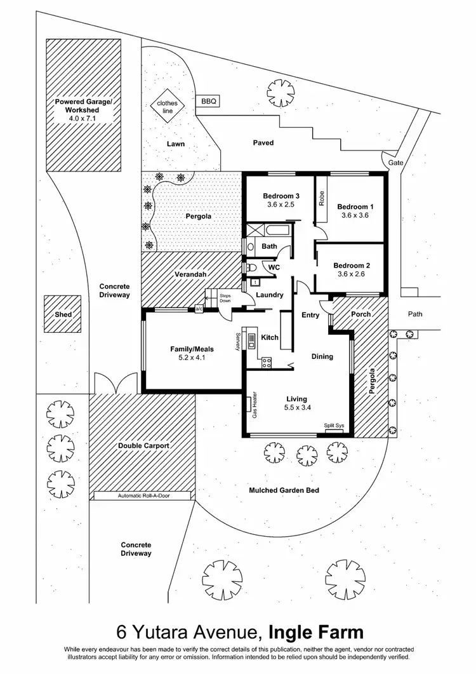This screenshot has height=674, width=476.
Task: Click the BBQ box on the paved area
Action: (x=208, y=101)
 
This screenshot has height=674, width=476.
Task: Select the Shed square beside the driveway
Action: (x=63, y=314)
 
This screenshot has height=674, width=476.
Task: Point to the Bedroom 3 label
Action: (x=281, y=196)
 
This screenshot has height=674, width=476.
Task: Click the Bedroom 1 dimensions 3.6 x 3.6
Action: (x=355, y=215)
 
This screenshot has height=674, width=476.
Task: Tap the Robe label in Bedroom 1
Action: (x=322, y=199)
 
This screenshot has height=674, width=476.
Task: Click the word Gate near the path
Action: (x=396, y=163)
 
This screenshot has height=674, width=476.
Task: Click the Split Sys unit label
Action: (x=334, y=426)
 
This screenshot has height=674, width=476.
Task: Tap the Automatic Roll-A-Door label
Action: (x=144, y=495)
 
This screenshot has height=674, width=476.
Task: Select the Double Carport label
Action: (x=143, y=446)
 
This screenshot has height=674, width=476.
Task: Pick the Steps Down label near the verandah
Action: (x=225, y=298)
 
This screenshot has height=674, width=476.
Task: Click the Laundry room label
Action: (x=269, y=295)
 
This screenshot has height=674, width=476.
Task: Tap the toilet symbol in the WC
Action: (x=253, y=267)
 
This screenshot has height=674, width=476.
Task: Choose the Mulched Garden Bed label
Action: (x=284, y=490)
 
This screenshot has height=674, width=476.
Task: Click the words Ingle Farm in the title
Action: (x=316, y=632)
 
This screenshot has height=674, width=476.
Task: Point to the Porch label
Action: (x=360, y=314)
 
